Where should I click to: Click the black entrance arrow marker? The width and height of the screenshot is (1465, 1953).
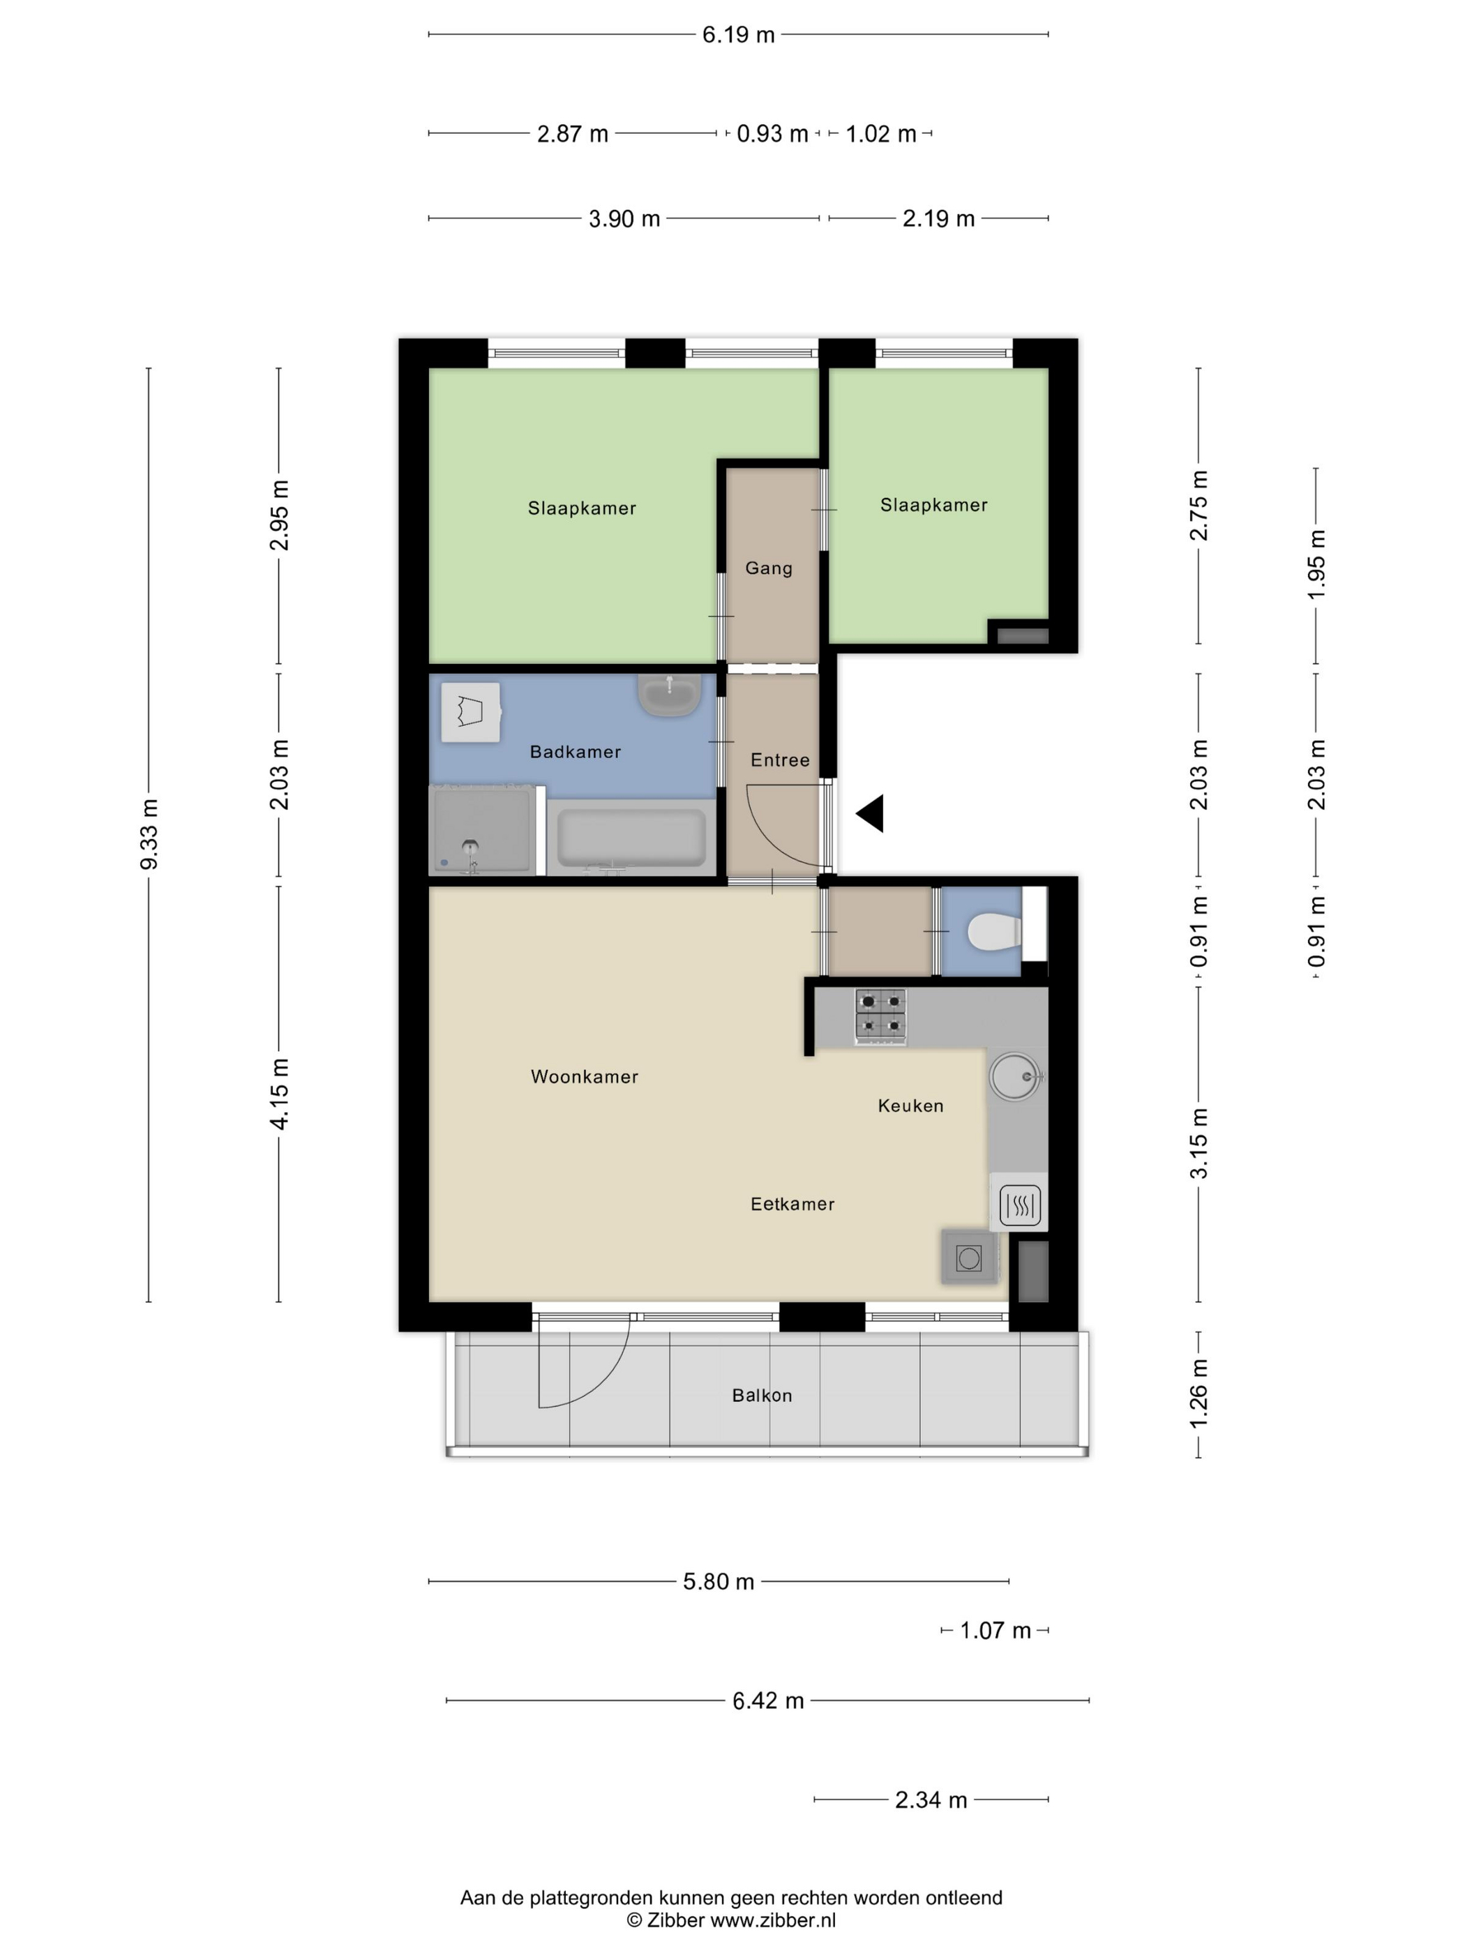871,813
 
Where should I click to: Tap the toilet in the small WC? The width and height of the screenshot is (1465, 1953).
993,931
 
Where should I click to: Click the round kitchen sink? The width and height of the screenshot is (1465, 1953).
1014,1076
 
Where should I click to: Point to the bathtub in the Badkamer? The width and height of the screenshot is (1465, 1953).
631,838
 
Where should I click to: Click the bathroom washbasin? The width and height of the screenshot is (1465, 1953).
669,695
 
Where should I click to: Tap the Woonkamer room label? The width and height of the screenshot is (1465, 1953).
584,1076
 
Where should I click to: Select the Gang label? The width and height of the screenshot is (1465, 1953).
768,568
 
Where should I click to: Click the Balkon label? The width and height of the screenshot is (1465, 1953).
761,1395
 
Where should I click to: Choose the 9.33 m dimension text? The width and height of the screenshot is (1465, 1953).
149,834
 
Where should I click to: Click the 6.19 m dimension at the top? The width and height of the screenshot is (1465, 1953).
737,34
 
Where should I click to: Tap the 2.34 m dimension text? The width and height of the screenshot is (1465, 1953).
930,1800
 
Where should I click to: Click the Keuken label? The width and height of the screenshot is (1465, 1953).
910,1106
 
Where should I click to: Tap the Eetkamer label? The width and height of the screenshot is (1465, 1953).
791,1203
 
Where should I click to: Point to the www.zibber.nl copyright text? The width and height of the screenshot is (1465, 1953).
730,1920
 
